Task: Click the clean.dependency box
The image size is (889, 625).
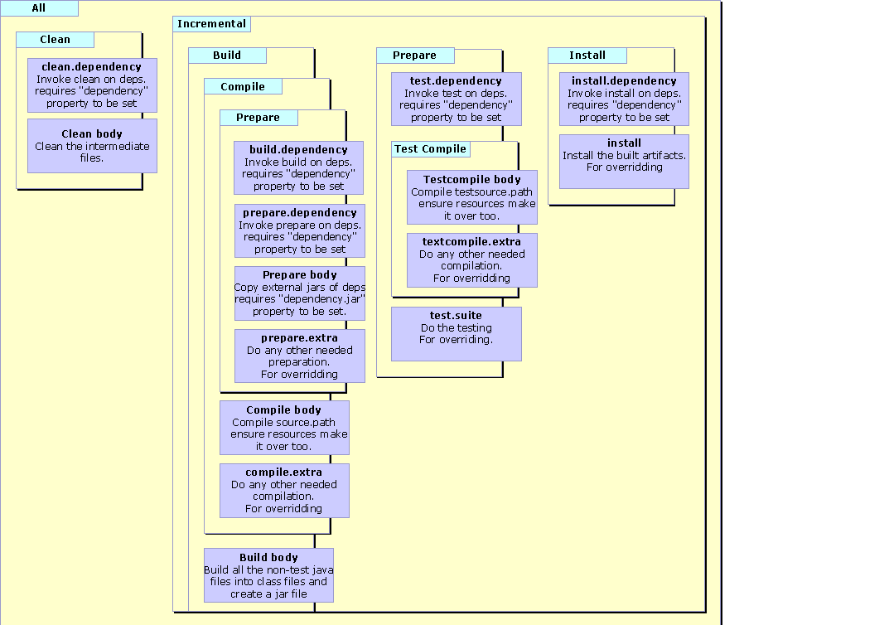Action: [92, 85]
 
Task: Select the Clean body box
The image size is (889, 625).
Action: [92, 145]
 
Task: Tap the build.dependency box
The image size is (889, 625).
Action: [299, 167]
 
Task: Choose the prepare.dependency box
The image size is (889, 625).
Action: [299, 230]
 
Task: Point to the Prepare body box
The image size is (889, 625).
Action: [299, 293]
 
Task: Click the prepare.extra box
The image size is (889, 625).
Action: [299, 356]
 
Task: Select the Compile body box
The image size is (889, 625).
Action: [284, 428]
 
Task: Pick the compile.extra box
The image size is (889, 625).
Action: [284, 490]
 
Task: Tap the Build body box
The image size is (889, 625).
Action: [268, 574]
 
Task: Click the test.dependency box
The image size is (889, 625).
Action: [457, 99]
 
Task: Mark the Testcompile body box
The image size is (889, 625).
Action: [471, 197]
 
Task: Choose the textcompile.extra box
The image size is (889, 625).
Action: [471, 259]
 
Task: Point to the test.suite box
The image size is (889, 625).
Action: [457, 333]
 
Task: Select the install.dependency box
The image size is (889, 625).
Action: [624, 99]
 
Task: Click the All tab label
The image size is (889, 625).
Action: [39, 8]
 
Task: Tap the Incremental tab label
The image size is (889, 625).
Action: [211, 24]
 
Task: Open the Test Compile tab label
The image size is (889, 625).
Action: [431, 149]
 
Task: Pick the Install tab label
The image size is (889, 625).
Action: [587, 56]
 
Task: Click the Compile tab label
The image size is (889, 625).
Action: [243, 86]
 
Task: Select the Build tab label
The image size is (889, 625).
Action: [227, 56]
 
